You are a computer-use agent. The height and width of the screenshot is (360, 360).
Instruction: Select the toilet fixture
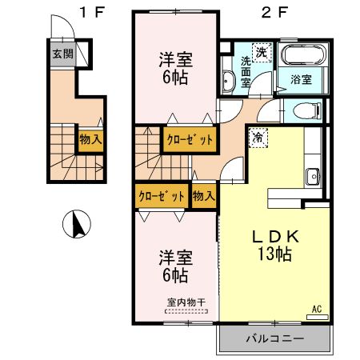tap(304, 110)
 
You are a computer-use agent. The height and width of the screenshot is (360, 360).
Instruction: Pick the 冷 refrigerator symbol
tap(258, 137)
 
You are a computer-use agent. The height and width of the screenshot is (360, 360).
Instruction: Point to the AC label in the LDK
tap(316, 309)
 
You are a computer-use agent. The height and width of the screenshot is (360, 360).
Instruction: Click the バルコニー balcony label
tap(274, 338)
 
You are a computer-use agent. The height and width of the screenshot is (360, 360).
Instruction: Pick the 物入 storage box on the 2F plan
tap(203, 194)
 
